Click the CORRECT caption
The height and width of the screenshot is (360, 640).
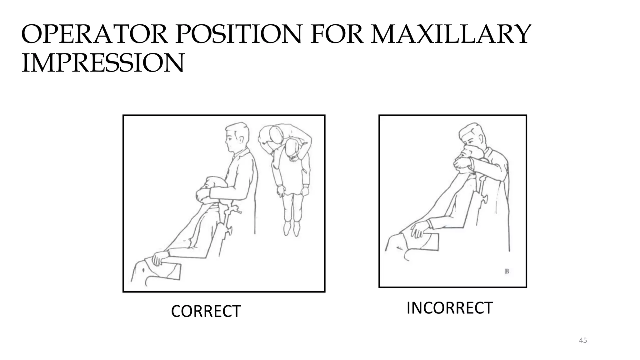[x=206, y=311]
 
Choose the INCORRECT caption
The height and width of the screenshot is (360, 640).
[x=450, y=308]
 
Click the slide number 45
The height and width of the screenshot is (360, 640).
[x=583, y=340]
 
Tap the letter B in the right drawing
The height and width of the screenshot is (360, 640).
[x=507, y=271]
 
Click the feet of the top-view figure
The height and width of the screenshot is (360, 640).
[x=292, y=228]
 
